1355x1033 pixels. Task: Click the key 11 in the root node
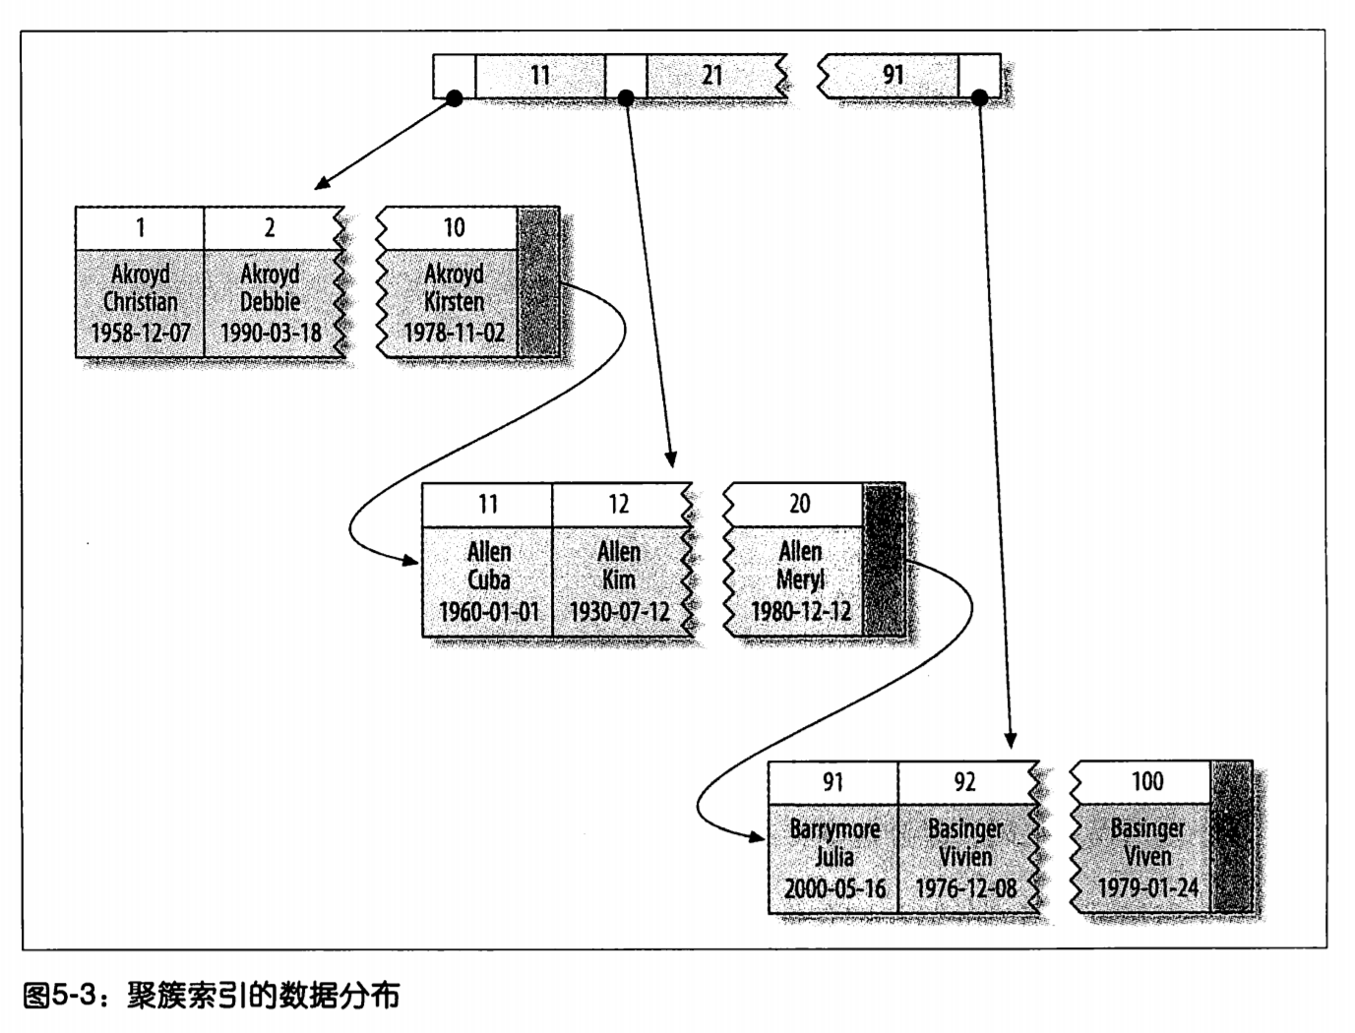540,76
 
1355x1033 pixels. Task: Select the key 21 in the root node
711,76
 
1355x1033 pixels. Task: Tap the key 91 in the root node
893,76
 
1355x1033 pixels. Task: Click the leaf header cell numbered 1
140,228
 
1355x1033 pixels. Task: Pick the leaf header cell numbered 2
270,228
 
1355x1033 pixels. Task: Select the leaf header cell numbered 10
454,228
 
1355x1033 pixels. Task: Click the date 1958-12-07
141,334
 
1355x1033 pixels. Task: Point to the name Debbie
270,302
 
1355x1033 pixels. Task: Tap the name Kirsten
454,302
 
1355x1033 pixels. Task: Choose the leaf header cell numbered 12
618,505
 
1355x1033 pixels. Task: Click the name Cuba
488,580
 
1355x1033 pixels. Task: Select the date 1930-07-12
619,612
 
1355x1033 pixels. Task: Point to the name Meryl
800,580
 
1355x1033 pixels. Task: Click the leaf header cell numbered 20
800,505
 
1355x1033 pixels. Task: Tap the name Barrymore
834,829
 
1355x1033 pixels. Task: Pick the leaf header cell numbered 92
964,782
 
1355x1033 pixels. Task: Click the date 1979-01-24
1147,888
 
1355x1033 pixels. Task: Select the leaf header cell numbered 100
1147,782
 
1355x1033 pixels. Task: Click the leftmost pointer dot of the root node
455,97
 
